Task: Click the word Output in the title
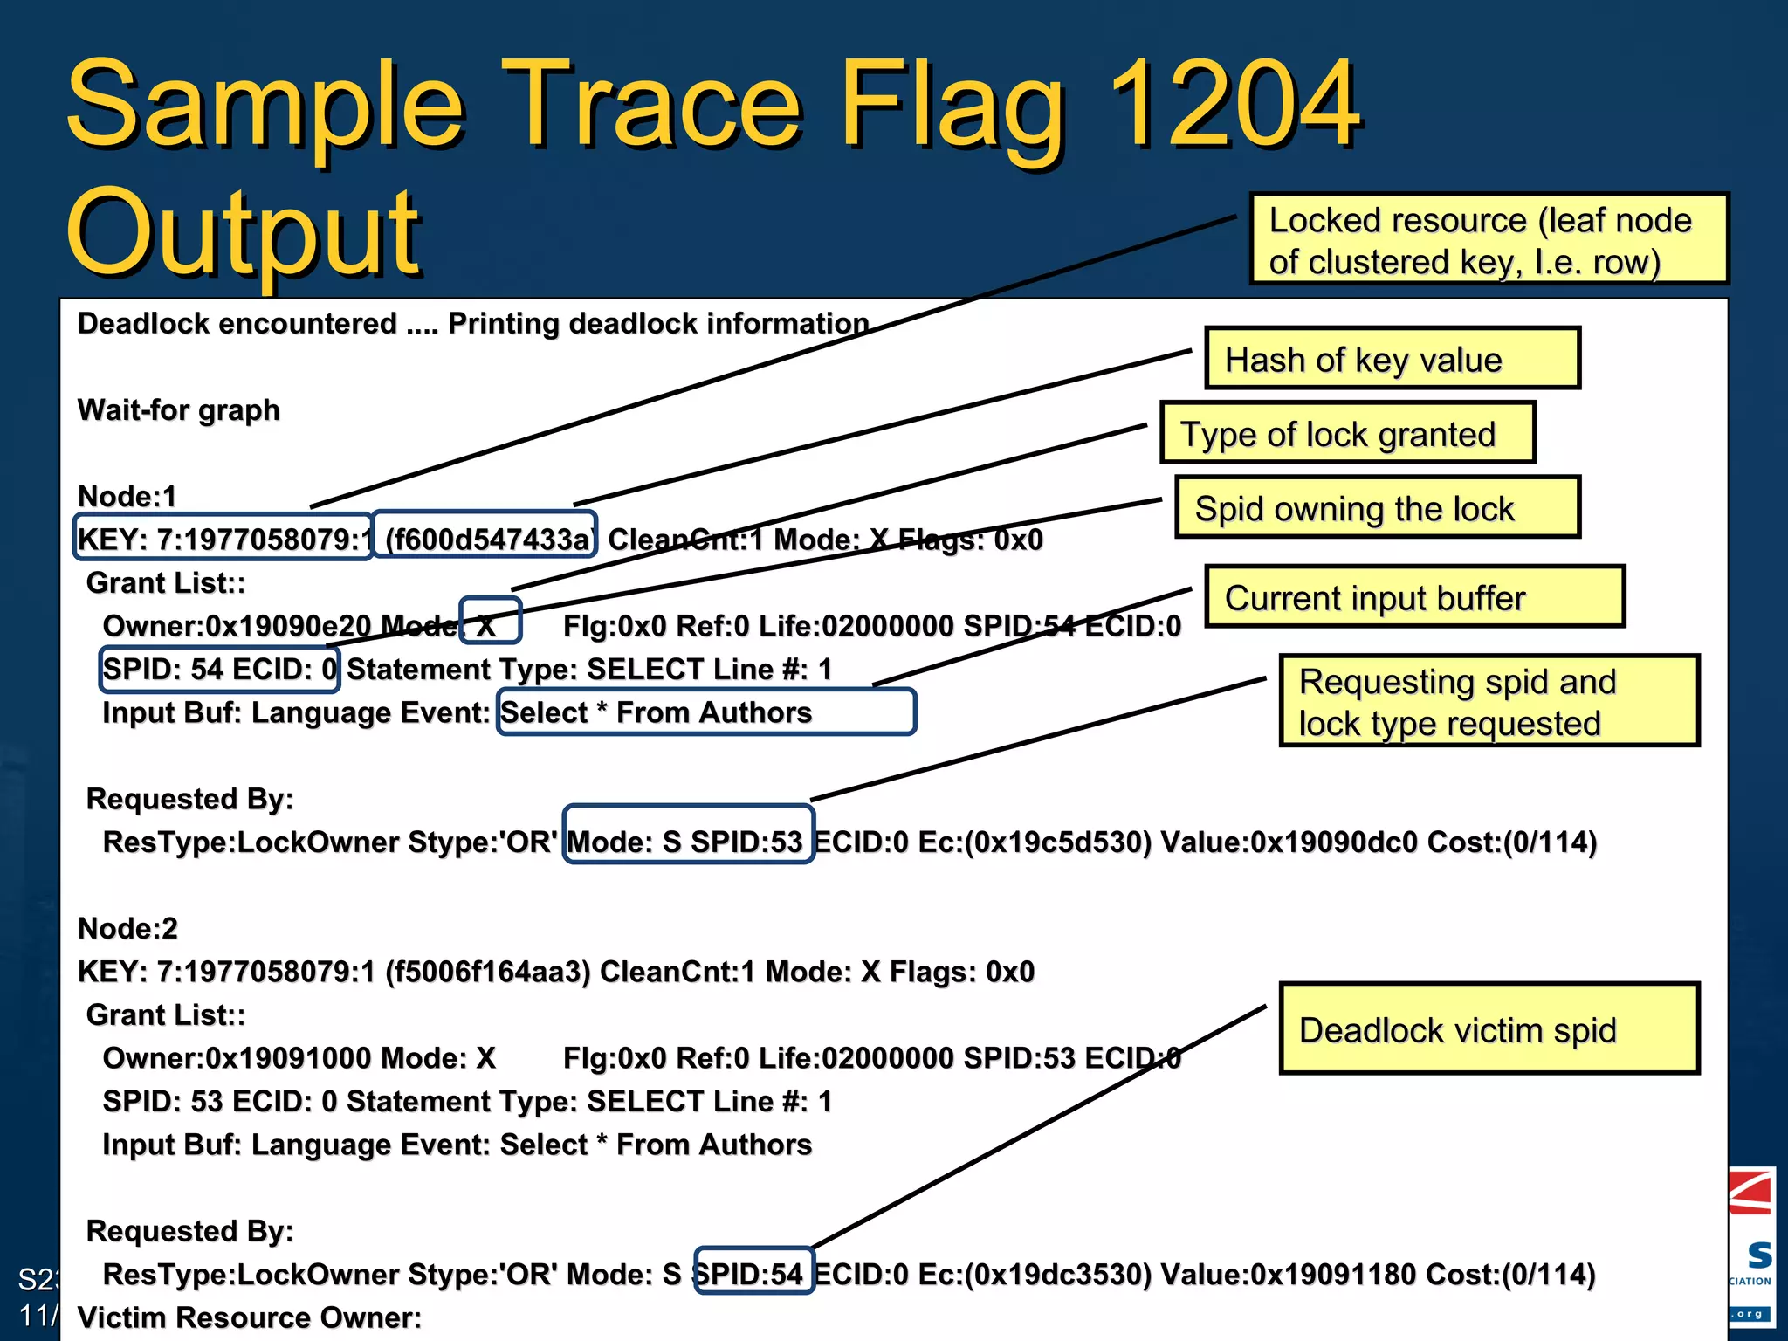(x=244, y=234)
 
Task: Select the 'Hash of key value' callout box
(x=1392, y=359)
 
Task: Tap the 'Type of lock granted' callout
(x=1347, y=433)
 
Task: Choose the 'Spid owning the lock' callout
(x=1377, y=508)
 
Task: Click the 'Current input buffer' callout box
(x=1413, y=597)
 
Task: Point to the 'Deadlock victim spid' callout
(x=1489, y=1029)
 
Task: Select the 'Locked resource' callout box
(x=1489, y=240)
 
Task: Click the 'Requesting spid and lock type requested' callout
(x=1489, y=701)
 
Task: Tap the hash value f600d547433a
(x=485, y=539)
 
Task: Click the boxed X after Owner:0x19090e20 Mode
(x=489, y=622)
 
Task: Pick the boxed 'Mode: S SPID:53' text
(x=688, y=841)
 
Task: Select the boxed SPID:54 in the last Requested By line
(x=754, y=1273)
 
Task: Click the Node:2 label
(x=128, y=928)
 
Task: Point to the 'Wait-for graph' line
(x=179, y=409)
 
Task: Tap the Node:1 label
(x=127, y=496)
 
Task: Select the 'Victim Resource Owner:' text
(x=250, y=1317)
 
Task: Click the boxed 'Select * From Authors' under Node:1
(x=705, y=712)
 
